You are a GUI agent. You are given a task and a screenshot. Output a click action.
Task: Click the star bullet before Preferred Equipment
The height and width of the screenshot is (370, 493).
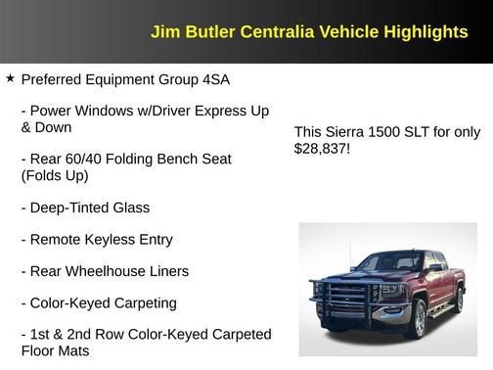10,78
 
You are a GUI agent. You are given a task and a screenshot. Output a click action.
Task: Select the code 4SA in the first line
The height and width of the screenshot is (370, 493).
215,78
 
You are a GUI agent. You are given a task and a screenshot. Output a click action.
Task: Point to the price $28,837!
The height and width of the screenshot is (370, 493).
322,150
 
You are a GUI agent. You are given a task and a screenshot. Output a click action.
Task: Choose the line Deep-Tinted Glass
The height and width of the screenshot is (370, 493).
85,208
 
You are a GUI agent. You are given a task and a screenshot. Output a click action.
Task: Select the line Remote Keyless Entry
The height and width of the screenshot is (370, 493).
97,240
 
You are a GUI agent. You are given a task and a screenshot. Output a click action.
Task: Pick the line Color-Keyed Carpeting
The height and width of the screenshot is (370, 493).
99,302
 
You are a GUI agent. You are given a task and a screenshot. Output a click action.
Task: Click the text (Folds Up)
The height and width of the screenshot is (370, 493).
55,176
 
